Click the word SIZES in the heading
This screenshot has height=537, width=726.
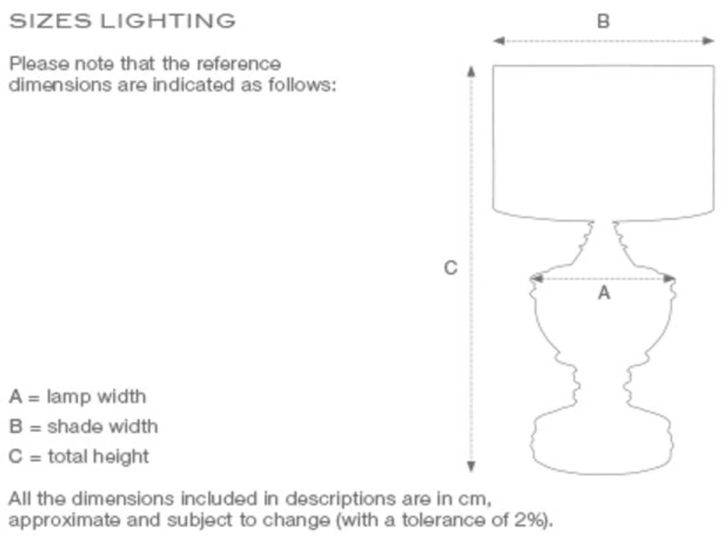coord(50,21)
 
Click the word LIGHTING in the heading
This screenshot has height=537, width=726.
coord(168,21)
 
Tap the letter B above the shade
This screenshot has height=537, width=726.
coord(603,22)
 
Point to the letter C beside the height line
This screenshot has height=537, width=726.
coord(451,268)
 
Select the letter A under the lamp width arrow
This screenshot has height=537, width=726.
coord(604,294)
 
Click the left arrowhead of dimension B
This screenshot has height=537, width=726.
coord(499,41)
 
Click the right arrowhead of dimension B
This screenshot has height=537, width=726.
coord(708,41)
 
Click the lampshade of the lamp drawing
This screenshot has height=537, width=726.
coord(603,139)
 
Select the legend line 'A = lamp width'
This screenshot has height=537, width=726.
coord(77,397)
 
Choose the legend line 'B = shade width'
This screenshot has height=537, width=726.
coord(83,426)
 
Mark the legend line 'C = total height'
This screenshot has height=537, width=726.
coord(79,456)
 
